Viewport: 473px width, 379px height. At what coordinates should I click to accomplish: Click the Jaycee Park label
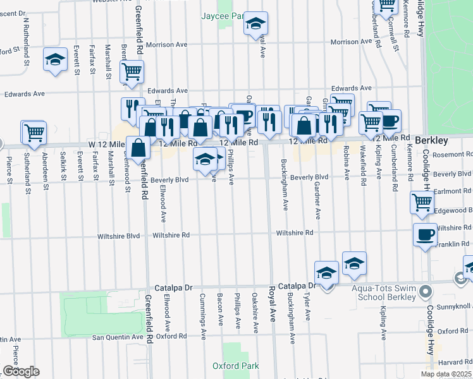coord(222,16)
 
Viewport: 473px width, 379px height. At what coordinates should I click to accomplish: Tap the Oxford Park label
coord(236,366)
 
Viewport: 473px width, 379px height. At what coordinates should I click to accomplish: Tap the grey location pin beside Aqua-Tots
coord(425,292)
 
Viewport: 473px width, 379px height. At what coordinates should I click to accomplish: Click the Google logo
coord(21,371)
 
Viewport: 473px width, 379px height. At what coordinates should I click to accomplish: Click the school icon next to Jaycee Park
coord(255,24)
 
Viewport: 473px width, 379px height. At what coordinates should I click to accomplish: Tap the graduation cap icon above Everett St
coord(55,60)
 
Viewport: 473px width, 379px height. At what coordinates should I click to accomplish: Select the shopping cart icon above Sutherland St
coord(34,133)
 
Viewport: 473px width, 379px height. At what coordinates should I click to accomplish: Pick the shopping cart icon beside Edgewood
coord(422,203)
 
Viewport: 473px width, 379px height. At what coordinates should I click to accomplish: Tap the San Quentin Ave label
coord(116,337)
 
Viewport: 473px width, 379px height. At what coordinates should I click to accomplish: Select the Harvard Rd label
coord(454,363)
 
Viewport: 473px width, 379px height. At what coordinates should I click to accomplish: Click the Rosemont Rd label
coord(452,155)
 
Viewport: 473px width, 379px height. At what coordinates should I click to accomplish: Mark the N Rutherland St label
coord(27,42)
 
